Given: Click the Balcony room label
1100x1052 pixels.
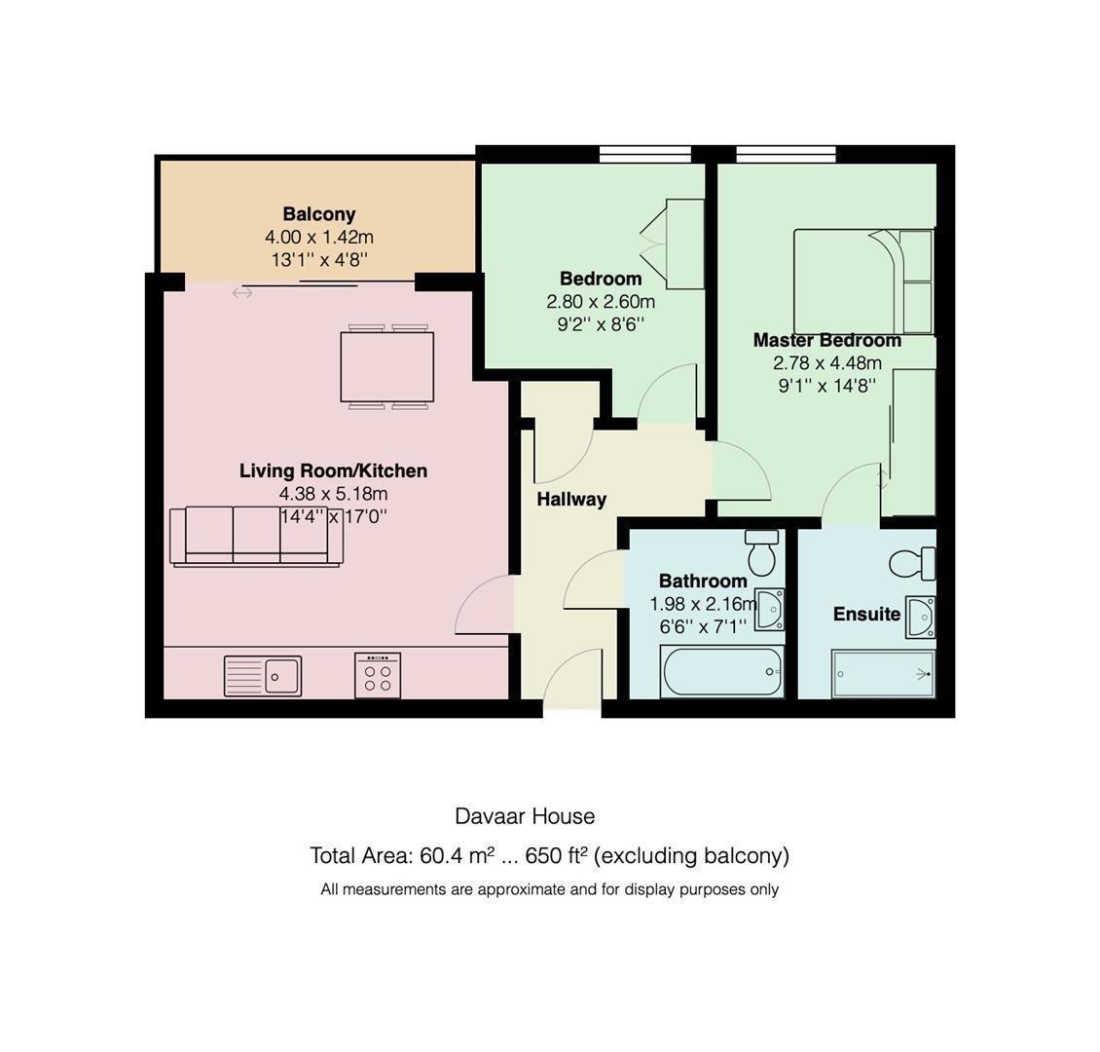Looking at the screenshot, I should tap(318, 213).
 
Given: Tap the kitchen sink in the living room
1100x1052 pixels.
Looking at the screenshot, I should tap(263, 675).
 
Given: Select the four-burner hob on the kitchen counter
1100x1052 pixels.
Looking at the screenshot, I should tap(378, 674).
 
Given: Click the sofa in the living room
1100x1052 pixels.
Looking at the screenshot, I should tap(256, 535).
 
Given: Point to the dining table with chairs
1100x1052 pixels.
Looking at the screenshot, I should tap(386, 366).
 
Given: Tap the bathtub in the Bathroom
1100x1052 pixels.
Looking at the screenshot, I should tap(721, 672).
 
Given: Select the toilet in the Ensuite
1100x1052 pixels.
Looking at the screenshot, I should tap(912, 563).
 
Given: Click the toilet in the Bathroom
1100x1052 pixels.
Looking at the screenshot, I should tap(761, 552).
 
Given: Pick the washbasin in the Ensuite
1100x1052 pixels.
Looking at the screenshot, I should tap(920, 617).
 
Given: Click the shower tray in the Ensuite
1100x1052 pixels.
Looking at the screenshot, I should tap(883, 674).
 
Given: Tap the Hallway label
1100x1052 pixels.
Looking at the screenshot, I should tap(571, 499).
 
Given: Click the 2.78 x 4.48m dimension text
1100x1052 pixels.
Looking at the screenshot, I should tap(826, 362).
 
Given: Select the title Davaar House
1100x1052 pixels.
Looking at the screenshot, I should tap(525, 816).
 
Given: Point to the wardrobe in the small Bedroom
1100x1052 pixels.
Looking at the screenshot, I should tap(684, 244).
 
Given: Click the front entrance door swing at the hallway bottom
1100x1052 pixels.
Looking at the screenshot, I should tap(572, 678).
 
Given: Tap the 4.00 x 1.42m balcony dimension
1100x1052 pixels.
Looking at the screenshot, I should tap(318, 237).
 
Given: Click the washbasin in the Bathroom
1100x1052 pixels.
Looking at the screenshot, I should tap(770, 610).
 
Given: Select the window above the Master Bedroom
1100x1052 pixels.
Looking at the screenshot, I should tap(786, 153).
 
